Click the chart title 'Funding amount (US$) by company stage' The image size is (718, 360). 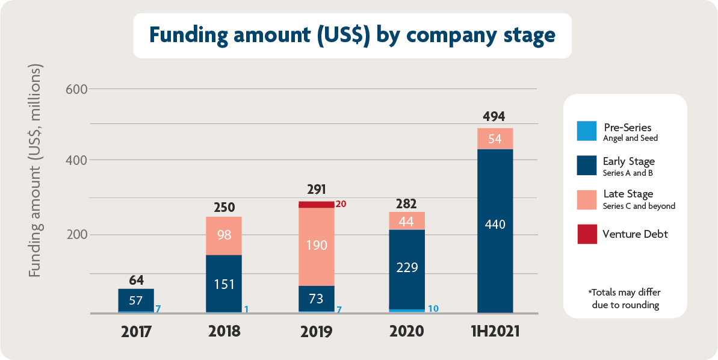[352, 36]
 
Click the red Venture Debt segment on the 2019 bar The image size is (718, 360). [317, 205]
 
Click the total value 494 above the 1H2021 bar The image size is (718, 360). [494, 117]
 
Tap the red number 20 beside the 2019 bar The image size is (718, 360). [341, 204]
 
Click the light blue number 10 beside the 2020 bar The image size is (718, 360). [433, 309]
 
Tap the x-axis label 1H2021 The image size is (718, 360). [494, 332]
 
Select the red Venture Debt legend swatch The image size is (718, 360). [587, 234]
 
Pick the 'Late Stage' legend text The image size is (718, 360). [628, 194]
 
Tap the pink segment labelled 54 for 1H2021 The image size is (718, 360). [495, 138]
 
